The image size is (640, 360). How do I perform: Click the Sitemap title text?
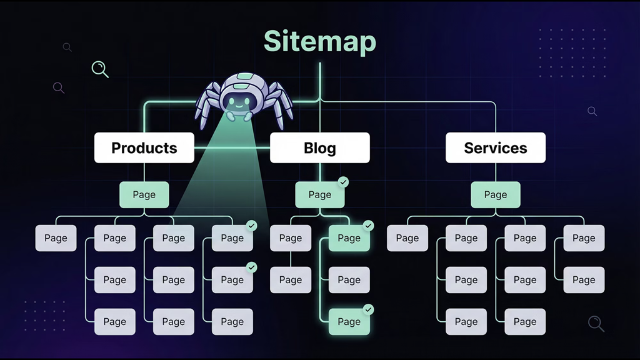tap(319, 41)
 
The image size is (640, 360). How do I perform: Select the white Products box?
tap(144, 148)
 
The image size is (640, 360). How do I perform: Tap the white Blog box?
tap(319, 148)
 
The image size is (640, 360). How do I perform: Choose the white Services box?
tap(495, 148)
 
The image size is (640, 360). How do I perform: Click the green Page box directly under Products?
tap(144, 195)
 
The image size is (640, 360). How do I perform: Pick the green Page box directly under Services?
tap(495, 195)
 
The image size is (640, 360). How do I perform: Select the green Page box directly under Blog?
tap(319, 195)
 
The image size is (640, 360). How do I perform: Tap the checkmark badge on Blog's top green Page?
tap(343, 182)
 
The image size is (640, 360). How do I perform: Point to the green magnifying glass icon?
tap(99, 68)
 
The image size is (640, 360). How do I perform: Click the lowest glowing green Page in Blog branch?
tap(349, 322)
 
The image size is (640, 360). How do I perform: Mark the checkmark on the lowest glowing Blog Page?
tap(369, 309)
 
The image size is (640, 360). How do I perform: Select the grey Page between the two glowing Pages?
tap(349, 280)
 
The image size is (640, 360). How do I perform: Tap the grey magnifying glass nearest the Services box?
tap(591, 111)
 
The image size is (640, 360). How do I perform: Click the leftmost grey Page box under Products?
tap(56, 238)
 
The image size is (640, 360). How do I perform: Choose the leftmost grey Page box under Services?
tap(407, 238)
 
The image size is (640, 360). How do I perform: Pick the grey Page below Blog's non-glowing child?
tap(290, 280)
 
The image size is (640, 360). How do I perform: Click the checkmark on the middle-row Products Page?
tap(252, 267)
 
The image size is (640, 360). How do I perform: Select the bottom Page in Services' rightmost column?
tap(583, 280)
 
